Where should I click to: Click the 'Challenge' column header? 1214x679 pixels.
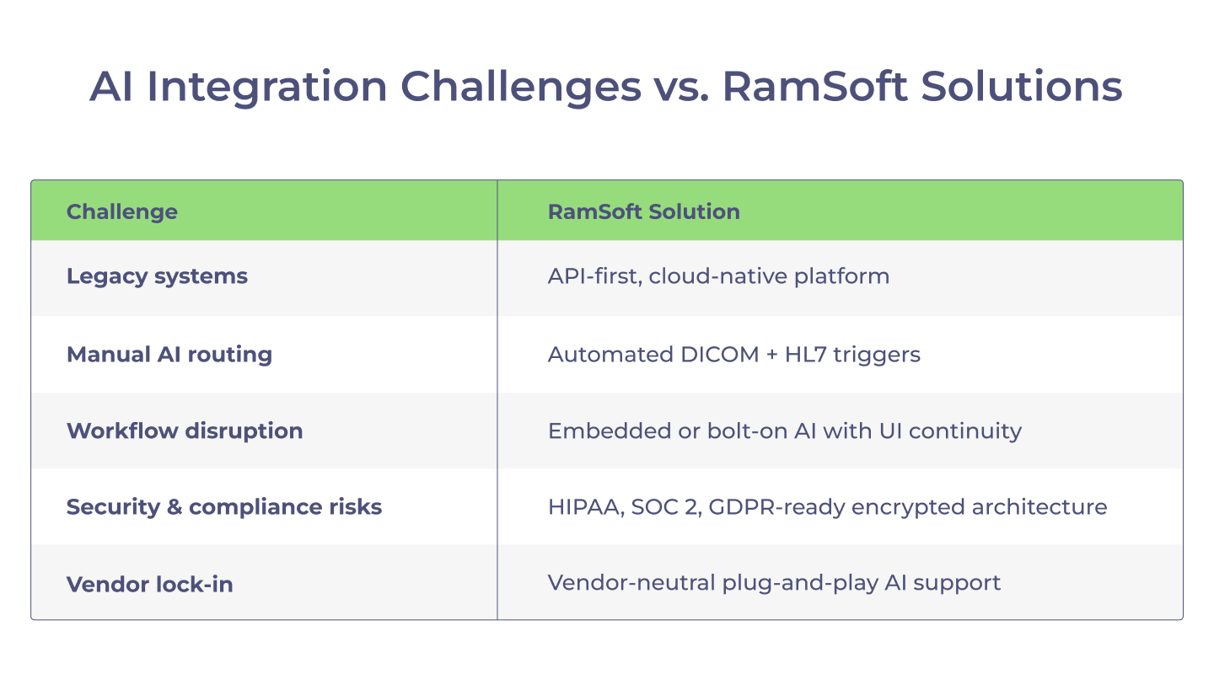(122, 211)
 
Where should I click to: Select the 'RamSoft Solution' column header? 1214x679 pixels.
(644, 211)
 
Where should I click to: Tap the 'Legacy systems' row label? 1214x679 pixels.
(157, 276)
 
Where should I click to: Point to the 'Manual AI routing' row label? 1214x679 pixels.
(169, 355)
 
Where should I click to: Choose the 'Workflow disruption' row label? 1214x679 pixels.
(185, 431)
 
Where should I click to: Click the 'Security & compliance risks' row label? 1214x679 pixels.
(224, 507)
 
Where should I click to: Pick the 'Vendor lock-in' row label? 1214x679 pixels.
(149, 585)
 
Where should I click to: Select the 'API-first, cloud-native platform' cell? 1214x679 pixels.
(718, 276)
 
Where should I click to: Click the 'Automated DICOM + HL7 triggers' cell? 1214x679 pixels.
(733, 355)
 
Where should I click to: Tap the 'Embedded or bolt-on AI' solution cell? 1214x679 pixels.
(785, 431)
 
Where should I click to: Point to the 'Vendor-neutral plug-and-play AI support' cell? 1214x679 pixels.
(774, 584)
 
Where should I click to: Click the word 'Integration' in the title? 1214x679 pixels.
(266, 87)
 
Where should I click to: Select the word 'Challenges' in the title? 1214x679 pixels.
(521, 87)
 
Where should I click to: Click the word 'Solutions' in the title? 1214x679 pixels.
(1022, 86)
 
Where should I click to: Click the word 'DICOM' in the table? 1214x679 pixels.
(720, 355)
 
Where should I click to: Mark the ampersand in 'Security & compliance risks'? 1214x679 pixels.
(174, 507)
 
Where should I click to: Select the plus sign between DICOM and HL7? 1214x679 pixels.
(771, 356)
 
